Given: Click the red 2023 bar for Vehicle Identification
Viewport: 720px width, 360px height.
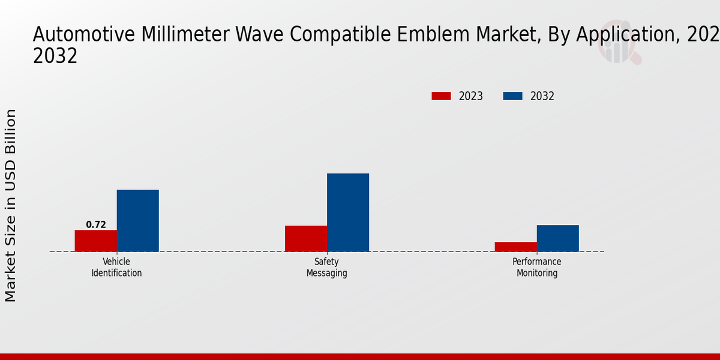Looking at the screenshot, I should (x=95, y=241).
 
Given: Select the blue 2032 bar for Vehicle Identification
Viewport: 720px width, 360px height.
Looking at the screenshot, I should (x=137, y=220).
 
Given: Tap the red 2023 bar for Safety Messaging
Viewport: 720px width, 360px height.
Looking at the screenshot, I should (x=306, y=238).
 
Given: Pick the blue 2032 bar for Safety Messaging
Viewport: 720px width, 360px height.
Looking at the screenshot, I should (x=348, y=212).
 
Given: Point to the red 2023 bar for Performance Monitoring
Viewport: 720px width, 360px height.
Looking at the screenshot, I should (x=516, y=247).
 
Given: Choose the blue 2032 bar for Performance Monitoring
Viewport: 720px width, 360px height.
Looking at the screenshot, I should (x=558, y=238).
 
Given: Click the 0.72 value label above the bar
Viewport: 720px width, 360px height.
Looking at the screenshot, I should (x=96, y=225).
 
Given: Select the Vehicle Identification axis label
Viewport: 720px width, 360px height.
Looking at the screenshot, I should (x=116, y=268).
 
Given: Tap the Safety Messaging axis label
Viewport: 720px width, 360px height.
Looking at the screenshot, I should (x=326, y=268).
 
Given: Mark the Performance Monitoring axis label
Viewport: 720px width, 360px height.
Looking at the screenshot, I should (x=536, y=268).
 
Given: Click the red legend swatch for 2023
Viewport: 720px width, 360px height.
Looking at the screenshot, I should (x=441, y=96).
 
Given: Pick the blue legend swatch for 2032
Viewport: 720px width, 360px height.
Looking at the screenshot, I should (x=512, y=96).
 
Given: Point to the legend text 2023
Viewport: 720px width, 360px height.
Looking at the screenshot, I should (x=471, y=96).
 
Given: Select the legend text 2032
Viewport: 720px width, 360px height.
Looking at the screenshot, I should (x=542, y=96).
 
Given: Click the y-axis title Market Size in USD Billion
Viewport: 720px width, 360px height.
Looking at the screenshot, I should (x=11, y=205).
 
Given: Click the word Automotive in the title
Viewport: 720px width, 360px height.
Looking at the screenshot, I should (x=85, y=35).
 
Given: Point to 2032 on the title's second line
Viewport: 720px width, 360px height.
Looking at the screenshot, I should (x=55, y=56).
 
